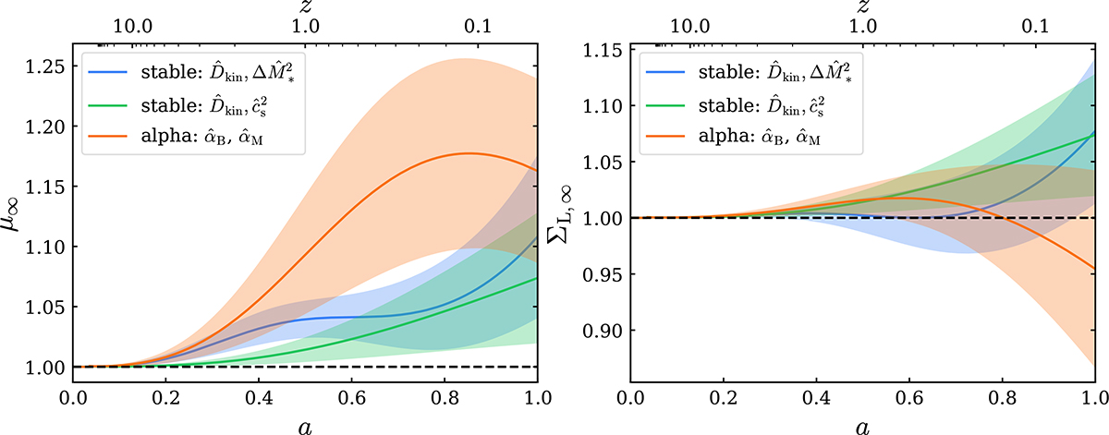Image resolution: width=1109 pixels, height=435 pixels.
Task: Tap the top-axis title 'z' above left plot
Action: (x=305, y=8)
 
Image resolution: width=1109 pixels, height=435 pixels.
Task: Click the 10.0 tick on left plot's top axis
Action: (x=134, y=30)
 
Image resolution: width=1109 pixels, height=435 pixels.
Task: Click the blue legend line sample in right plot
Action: (x=663, y=68)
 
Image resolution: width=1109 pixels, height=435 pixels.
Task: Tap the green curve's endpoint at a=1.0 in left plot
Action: (x=537, y=278)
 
